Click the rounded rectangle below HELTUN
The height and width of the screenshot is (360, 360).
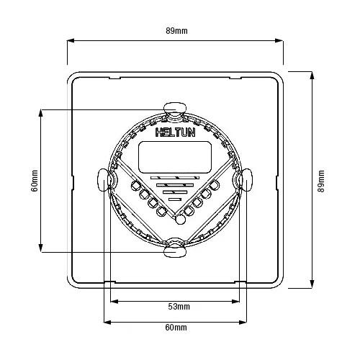(x=174, y=157)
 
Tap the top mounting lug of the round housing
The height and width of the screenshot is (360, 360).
(x=174, y=109)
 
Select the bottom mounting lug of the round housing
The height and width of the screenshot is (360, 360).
(x=174, y=251)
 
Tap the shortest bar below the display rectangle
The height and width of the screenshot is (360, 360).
(x=174, y=199)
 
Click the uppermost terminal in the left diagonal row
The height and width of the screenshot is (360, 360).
(x=135, y=185)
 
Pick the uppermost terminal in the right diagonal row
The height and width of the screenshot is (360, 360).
(x=214, y=186)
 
